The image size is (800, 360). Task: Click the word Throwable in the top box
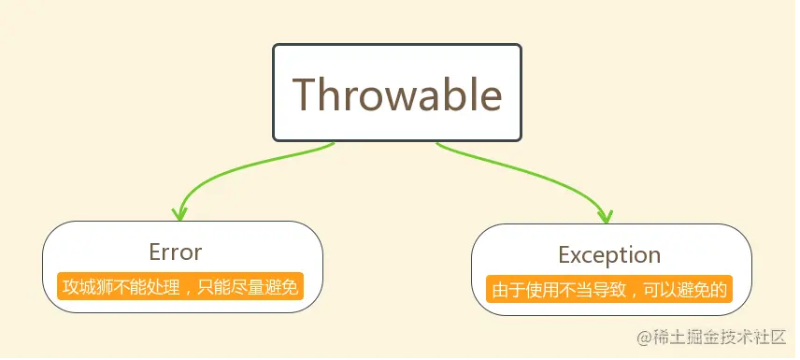[x=396, y=94]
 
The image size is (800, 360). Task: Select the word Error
[x=175, y=252]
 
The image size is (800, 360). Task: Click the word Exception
[x=609, y=254]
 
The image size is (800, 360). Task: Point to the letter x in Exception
[x=577, y=255]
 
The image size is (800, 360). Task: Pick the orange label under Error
[x=179, y=286]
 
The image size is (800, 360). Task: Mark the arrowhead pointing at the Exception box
[x=607, y=214]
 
